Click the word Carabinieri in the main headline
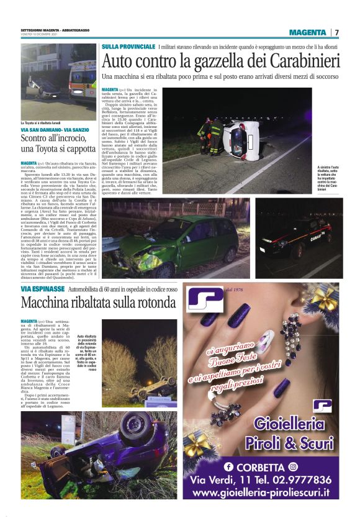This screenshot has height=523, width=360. coord(303,61)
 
